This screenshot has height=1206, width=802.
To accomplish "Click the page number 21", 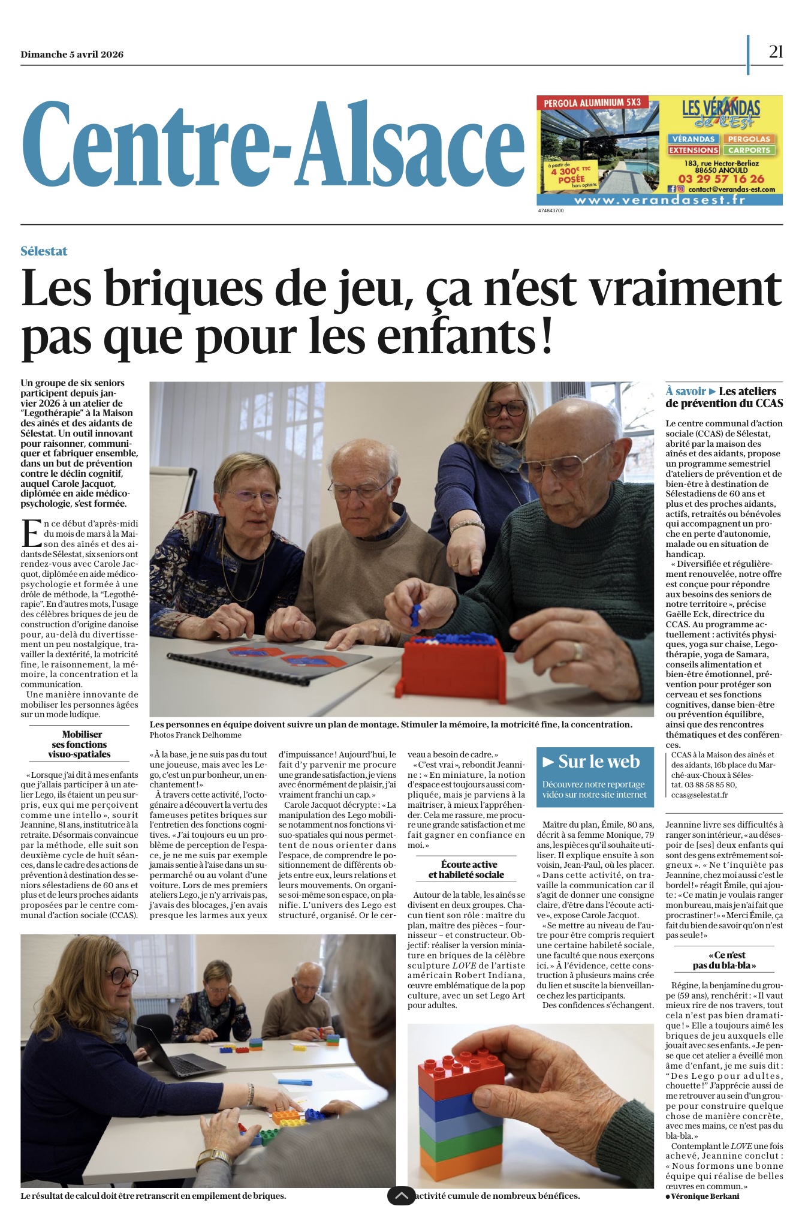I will (776, 52).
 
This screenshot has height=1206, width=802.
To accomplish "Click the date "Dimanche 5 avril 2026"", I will (72, 54).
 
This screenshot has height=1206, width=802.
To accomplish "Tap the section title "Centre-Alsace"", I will (273, 145).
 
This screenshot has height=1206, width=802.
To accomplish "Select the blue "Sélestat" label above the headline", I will (44, 251).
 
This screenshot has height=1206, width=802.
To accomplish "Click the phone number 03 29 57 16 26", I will (721, 179).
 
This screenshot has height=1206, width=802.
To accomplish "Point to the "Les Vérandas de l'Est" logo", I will (720, 113).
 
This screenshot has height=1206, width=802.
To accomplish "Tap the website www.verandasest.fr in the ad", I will (659, 200).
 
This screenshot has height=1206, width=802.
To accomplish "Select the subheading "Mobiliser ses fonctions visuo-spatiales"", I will (80, 744).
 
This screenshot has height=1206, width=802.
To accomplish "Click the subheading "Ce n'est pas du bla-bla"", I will (724, 960).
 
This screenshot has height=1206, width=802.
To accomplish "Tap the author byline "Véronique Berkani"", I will (705, 1196).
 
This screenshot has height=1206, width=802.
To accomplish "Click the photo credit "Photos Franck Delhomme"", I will (195, 735).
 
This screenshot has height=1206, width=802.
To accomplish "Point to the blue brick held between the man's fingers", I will (415, 613).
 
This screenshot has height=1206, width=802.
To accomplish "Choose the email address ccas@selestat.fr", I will (699, 795).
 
